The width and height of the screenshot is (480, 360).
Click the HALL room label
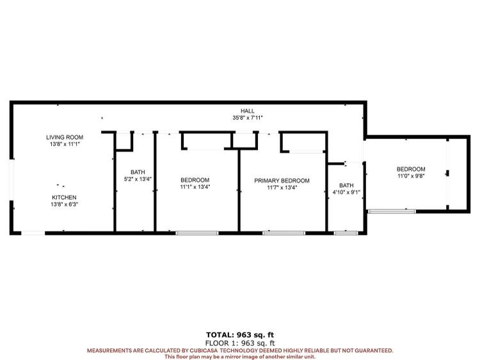click(x=247, y=111)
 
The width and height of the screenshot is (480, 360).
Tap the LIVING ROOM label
click(x=65, y=137)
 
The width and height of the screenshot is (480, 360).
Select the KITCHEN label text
click(x=64, y=197)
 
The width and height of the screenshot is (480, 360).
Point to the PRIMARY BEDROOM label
click(x=282, y=181)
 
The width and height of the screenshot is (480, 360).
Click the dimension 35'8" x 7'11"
click(x=247, y=118)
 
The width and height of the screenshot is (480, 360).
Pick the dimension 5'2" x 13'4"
click(x=138, y=179)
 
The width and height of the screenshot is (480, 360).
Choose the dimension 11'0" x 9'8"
click(x=411, y=176)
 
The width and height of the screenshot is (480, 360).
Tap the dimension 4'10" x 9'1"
click(x=346, y=192)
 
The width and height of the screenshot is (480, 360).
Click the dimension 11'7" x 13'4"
click(x=282, y=188)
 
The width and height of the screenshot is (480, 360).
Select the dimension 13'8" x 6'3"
click(x=64, y=204)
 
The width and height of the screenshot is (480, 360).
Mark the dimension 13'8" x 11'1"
click(x=65, y=144)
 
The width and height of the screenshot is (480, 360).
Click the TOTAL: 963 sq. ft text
click(x=240, y=335)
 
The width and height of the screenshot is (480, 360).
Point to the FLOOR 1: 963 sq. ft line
click(x=240, y=343)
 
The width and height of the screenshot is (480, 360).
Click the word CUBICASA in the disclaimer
click(x=204, y=350)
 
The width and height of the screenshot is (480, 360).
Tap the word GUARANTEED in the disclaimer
click(x=373, y=350)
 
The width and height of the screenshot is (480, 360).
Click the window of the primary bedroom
click(x=284, y=233)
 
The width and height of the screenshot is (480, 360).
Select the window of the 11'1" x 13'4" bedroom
click(x=197, y=233)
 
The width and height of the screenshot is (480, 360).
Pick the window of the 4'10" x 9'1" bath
click(x=346, y=233)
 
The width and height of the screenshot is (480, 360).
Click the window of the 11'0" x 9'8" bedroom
click(x=392, y=211)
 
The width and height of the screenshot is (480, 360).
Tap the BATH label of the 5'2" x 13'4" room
click(x=138, y=172)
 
